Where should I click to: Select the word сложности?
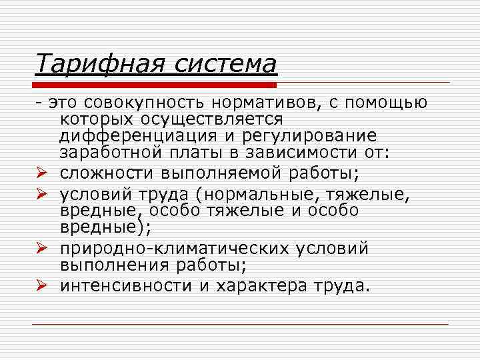coord(107,175)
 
